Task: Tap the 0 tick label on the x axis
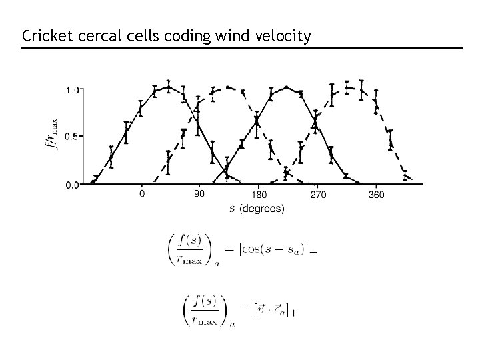point(141,195)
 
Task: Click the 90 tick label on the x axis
point(199,195)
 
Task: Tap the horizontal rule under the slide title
point(240,47)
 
